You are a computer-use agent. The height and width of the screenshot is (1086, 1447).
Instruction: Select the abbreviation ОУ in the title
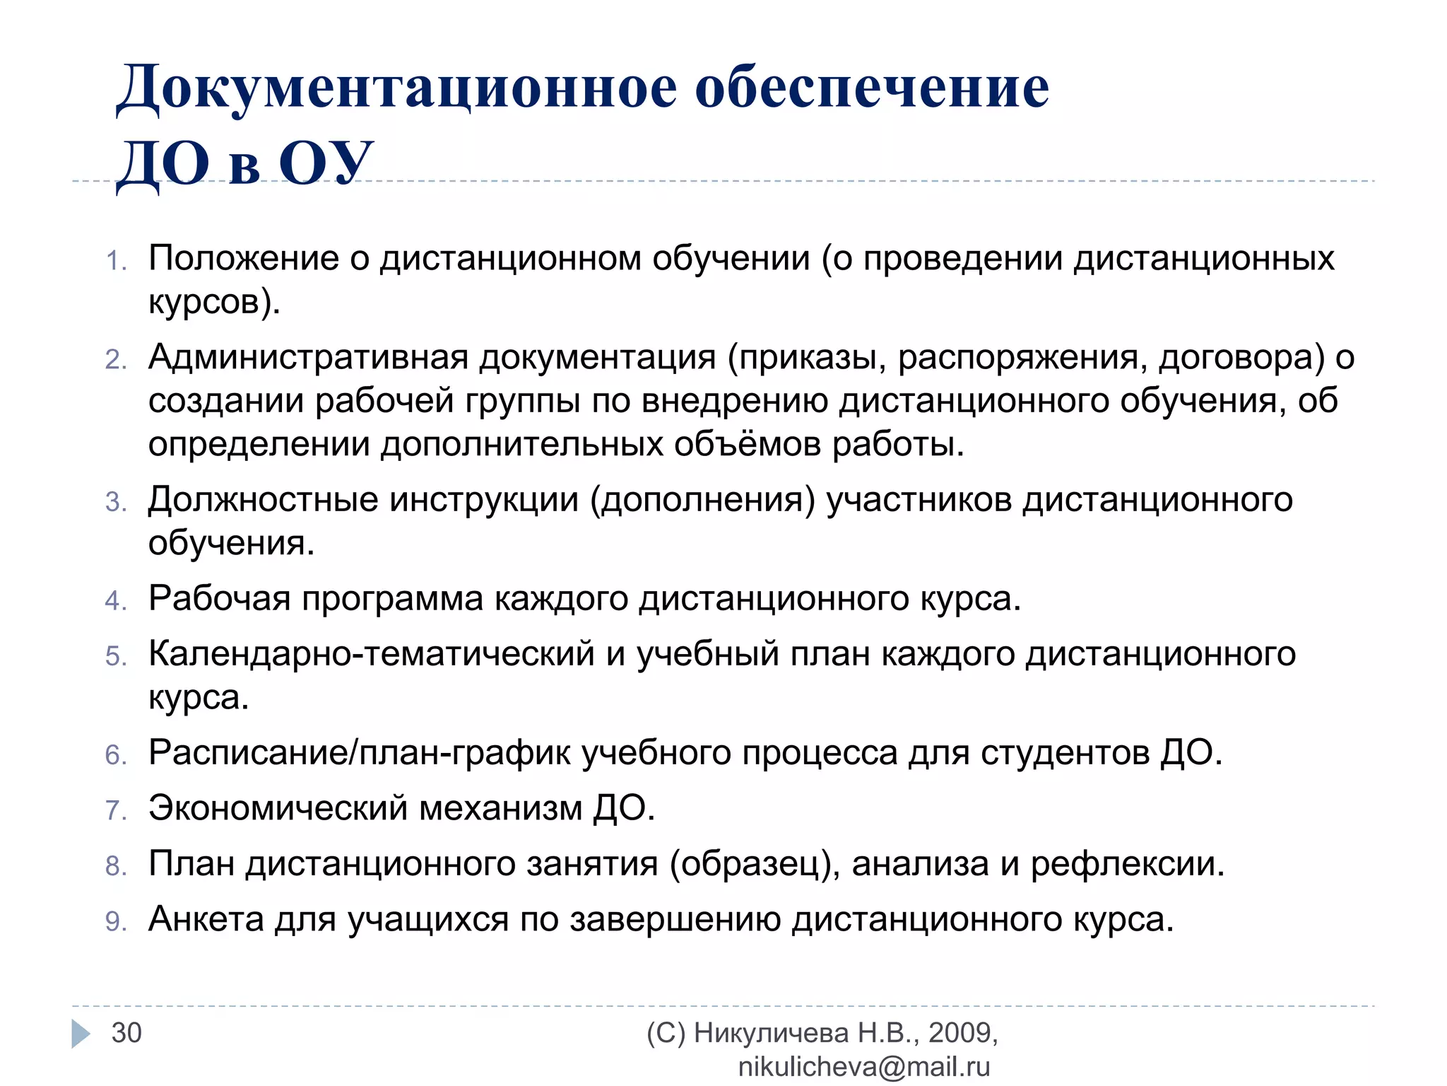(x=326, y=163)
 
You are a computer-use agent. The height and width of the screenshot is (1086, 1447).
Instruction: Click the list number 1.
(x=116, y=261)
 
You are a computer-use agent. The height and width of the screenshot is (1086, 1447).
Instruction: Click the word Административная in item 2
(x=308, y=358)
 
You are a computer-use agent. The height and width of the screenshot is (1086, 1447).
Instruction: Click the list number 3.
(x=116, y=503)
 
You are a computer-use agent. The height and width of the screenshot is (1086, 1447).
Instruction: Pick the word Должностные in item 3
(x=263, y=500)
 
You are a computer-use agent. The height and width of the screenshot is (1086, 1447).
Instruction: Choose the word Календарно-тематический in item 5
(x=371, y=654)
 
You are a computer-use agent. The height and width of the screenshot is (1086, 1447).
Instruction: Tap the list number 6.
(x=116, y=755)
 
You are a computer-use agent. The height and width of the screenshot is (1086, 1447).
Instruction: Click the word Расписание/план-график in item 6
(x=359, y=752)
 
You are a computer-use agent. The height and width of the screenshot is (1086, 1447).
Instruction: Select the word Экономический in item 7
(x=278, y=808)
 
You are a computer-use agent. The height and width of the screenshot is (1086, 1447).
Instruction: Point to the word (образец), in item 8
(x=755, y=864)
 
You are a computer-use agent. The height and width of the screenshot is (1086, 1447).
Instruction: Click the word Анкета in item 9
(x=206, y=919)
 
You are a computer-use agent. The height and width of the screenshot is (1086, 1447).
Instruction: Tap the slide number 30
(x=126, y=1033)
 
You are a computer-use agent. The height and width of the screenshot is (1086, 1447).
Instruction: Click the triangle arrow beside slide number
(x=81, y=1034)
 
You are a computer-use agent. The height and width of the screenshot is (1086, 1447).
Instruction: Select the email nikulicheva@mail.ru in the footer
(x=863, y=1067)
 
